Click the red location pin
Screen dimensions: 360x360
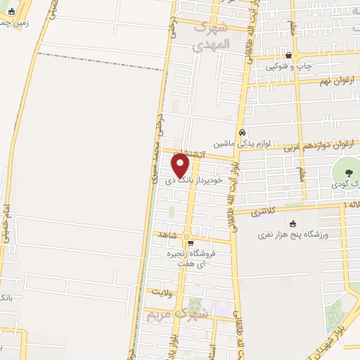[x=181, y=165]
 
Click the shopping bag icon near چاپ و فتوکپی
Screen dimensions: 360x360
[x=288, y=56]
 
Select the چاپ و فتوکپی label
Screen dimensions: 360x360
[x=288, y=67]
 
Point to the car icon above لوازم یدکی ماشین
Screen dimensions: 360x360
[x=242, y=132]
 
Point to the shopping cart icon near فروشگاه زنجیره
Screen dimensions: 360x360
[x=190, y=244]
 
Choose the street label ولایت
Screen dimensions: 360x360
[x=160, y=290]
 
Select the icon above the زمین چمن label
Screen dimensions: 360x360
[x=11, y=11]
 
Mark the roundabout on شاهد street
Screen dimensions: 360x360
[x=187, y=236]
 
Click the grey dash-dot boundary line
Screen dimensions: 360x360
[x=98, y=61]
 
